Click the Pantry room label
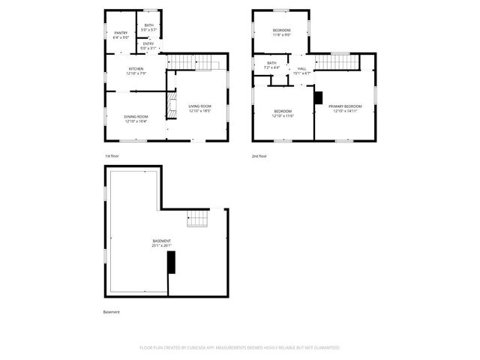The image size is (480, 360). coord(121,34)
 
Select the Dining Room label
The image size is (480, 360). coord(136,118)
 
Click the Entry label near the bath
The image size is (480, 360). coord(148,46)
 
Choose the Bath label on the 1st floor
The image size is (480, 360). coord(148,27)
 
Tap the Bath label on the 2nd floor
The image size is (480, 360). coord(271,65)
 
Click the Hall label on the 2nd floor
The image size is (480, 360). coord(301,70)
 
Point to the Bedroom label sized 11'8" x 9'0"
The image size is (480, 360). coord(281,32)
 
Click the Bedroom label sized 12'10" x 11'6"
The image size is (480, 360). coord(283,114)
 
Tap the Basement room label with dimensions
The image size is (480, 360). coord(162,243)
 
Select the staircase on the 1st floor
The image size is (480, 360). coord(195,61)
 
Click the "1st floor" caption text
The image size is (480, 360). coord(112,156)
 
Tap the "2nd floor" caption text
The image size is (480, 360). coord(259,156)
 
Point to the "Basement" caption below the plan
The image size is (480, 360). coord(111,312)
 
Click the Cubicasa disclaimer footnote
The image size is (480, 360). coord(240,348)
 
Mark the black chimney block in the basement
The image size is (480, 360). coord(171,262)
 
